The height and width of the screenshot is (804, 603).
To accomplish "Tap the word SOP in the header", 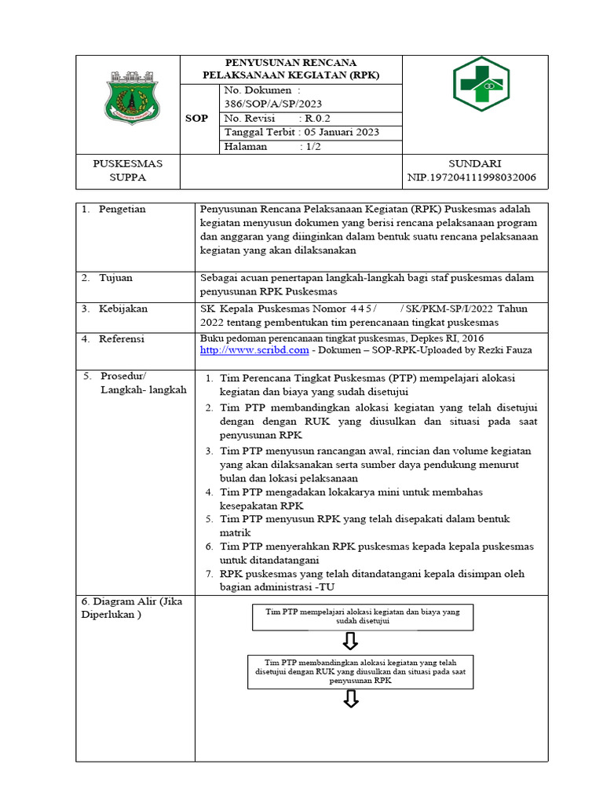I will pos(196,119).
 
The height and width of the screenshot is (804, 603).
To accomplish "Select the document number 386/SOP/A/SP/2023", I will pos(272,104).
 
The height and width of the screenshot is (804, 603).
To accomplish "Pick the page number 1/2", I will pos(311,147).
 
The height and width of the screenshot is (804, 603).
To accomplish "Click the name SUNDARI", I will pos(474,163).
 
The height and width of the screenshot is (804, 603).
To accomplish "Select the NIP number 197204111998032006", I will pos(472,177).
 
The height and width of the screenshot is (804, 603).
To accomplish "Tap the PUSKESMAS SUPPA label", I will pos(127,170).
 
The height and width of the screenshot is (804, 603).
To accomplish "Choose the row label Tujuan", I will pos(117,278).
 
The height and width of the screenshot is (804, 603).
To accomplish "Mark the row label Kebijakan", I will pos(123,309).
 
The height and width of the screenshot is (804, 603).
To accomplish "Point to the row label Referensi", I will pos(123,338).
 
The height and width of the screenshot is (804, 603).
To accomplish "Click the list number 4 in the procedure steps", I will pos(210,492).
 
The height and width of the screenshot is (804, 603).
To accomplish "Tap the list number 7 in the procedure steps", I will pos(210,574).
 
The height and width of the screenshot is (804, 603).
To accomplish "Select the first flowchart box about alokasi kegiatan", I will pos(363,616).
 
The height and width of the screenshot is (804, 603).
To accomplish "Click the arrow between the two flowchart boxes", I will pos(351,641).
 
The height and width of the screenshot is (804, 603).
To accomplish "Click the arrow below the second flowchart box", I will pos(351,700).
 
